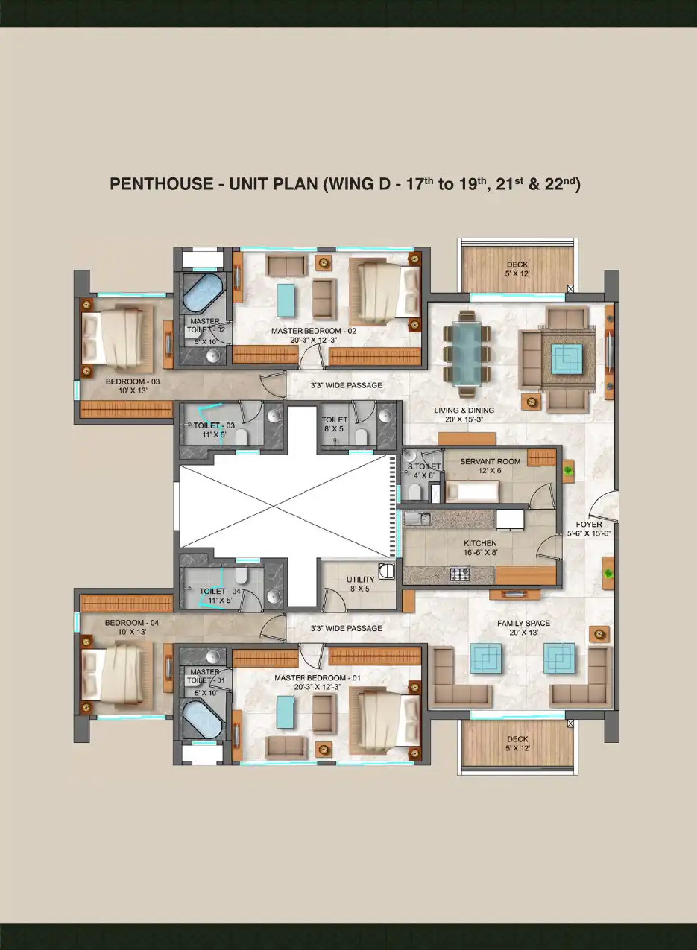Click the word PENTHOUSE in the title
pos(162,184)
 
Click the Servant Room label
pos(491,461)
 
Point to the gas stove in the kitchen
pos(460,574)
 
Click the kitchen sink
pos(418,518)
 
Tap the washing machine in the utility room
pos(386,571)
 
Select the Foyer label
pos(589,525)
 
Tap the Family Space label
pos(523,624)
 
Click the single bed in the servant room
pos(472,492)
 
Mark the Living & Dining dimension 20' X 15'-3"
pos(464,419)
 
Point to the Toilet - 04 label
pos(220,591)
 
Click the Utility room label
pos(361,580)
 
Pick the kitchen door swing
pos(549,545)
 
